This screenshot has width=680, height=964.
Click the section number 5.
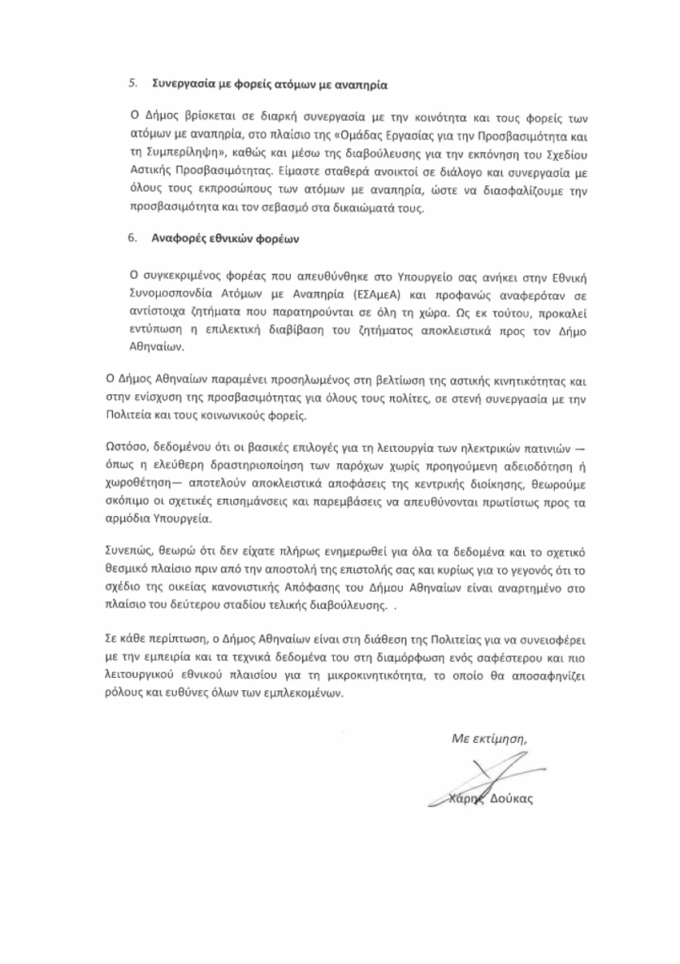pyautogui.click(x=133, y=83)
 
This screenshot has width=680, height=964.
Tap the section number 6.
pyautogui.click(x=133, y=239)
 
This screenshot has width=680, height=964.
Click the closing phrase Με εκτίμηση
pyautogui.click(x=489, y=738)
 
